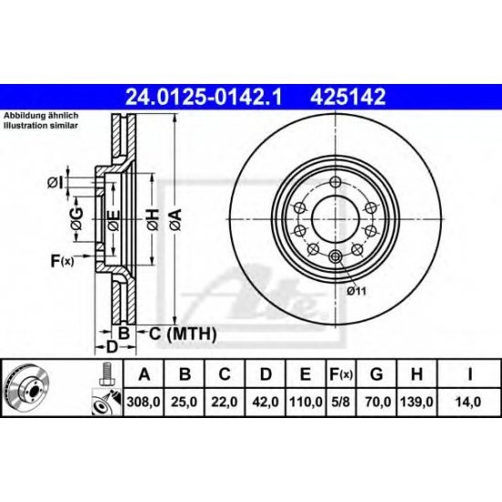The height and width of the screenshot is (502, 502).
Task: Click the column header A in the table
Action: point(144,373)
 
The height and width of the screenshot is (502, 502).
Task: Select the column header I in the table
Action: point(469,373)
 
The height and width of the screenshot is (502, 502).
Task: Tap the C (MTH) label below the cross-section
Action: point(178,335)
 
